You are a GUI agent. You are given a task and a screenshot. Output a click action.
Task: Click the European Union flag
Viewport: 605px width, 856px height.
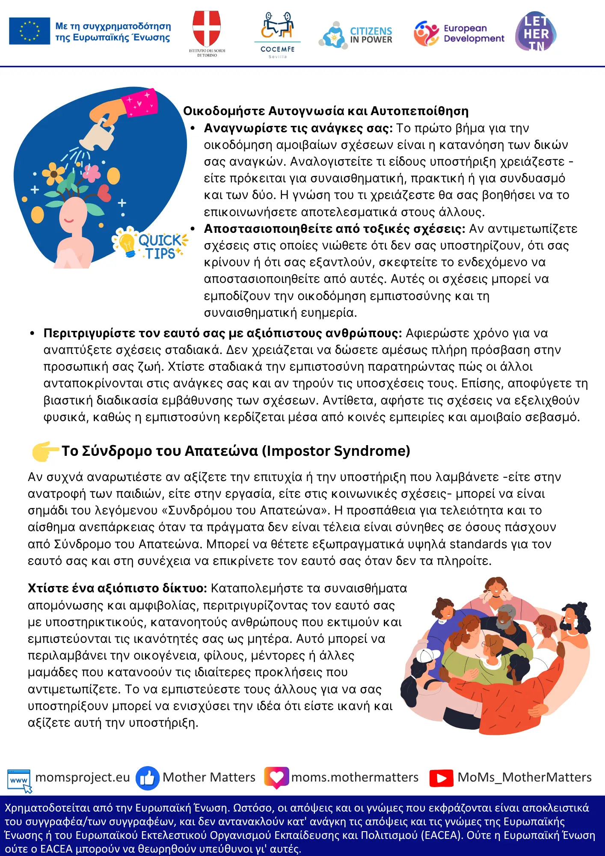coord(30,31)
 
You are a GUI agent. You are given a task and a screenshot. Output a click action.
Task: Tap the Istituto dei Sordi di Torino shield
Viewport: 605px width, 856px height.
coord(207,28)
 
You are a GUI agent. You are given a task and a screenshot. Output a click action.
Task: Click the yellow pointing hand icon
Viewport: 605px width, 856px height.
coord(44,451)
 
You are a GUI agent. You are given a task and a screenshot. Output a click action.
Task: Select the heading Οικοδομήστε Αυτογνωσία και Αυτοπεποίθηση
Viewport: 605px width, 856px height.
coord(326,111)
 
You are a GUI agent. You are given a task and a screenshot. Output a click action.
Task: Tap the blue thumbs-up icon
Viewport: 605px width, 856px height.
coord(147,778)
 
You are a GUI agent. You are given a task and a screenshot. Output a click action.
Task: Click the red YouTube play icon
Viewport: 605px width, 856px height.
coord(441,778)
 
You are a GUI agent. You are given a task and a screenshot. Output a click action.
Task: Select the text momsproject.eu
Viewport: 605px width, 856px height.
coord(83,777)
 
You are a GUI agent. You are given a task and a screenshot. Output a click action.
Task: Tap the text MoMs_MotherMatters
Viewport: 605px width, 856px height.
coord(525,777)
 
